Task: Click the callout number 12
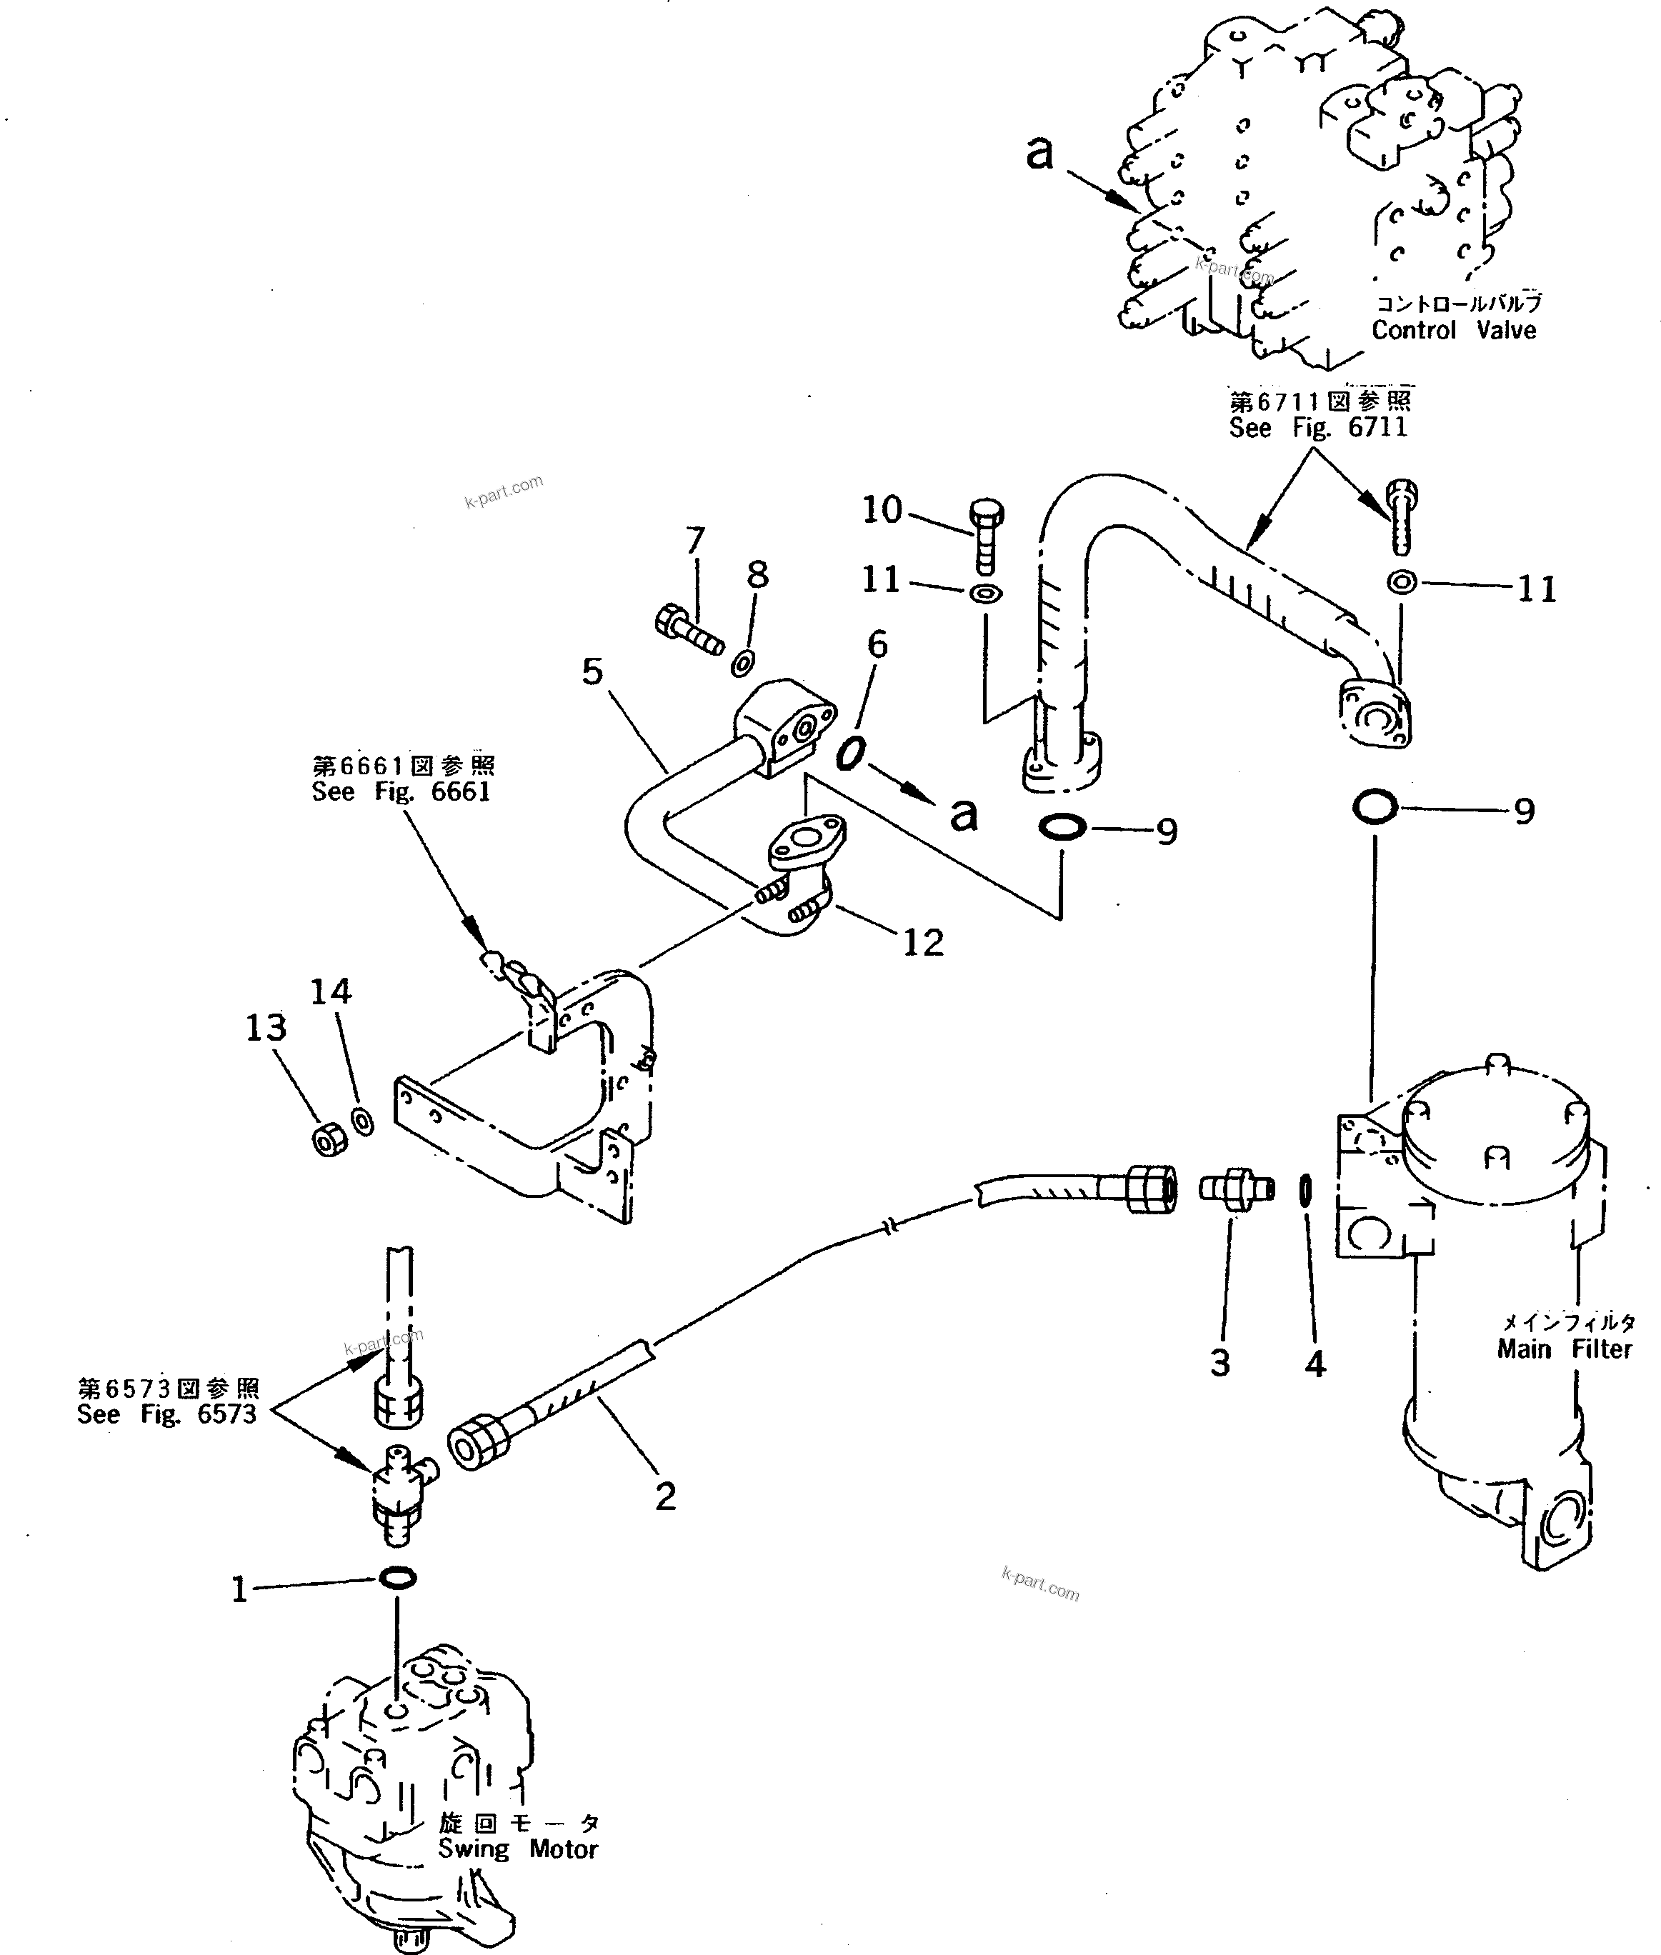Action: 923,942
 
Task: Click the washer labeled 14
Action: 361,1122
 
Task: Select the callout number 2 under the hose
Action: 665,1496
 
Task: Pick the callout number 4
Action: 1315,1363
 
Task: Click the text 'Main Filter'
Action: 1564,1349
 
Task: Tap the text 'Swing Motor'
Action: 518,1849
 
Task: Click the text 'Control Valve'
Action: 1453,331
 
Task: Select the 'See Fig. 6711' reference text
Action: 1317,427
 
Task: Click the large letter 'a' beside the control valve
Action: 1039,152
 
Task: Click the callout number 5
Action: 592,673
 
